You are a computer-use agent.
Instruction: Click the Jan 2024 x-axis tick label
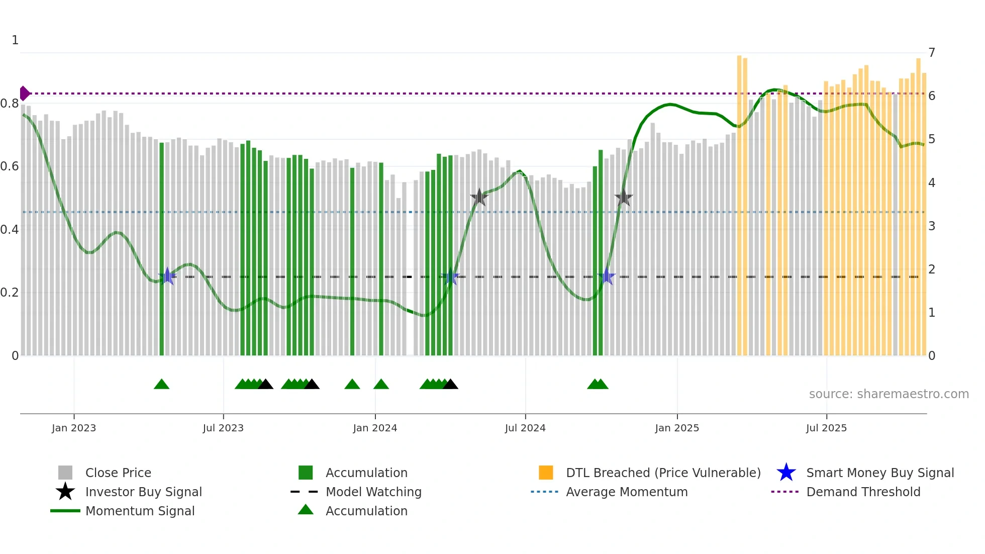pyautogui.click(x=375, y=428)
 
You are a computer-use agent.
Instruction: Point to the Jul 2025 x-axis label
pyautogui.click(x=826, y=428)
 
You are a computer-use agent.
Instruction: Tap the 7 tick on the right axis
pyautogui.click(x=932, y=53)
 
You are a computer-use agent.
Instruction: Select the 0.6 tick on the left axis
pyautogui.click(x=10, y=166)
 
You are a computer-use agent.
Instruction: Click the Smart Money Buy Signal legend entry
pyautogui.click(x=879, y=473)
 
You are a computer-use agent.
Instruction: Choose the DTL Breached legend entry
pyautogui.click(x=663, y=473)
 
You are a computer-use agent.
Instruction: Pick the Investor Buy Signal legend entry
pyautogui.click(x=143, y=492)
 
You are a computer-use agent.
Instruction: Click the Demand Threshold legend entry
pyautogui.click(x=863, y=492)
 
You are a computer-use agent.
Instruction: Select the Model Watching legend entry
pyautogui.click(x=373, y=492)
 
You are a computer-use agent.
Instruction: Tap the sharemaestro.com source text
pyautogui.click(x=889, y=394)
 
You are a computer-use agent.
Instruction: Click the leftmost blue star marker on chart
pyautogui.click(x=167, y=276)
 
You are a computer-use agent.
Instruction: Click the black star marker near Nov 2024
pyautogui.click(x=624, y=198)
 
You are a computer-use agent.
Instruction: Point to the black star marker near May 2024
pyautogui.click(x=479, y=197)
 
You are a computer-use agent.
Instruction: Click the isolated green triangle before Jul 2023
pyautogui.click(x=161, y=385)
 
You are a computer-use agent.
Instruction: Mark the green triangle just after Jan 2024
pyautogui.click(x=381, y=385)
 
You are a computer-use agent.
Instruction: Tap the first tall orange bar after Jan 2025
pyautogui.click(x=739, y=201)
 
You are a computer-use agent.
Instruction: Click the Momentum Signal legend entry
pyautogui.click(x=140, y=511)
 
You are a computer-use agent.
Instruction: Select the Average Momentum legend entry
pyautogui.click(x=626, y=492)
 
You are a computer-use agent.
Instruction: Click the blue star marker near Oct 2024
pyautogui.click(x=607, y=276)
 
